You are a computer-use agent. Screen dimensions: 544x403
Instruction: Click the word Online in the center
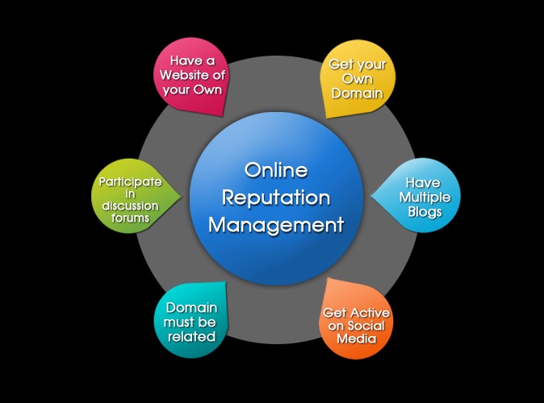pos(276,170)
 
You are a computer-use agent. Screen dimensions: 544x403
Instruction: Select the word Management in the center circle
pos(276,225)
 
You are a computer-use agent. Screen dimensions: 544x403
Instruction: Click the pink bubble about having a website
pos(191,77)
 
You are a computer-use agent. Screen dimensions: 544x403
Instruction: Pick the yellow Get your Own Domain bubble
pos(358,79)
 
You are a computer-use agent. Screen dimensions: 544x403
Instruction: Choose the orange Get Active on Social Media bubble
pos(356,319)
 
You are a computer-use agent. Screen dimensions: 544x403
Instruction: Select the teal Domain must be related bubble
pos(190,320)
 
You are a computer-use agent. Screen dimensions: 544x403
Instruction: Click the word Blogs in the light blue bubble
pos(425,212)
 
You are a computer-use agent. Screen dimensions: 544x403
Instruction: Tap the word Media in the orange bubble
pos(357,339)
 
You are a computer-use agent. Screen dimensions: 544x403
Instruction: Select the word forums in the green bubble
pos(131,218)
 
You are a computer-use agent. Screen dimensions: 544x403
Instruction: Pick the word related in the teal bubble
pos(192,337)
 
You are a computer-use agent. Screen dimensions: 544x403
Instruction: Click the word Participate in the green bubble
pos(131,182)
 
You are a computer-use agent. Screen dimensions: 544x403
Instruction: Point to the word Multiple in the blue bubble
pos(425,197)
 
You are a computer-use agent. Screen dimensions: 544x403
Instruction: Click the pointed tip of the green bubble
pos(182,197)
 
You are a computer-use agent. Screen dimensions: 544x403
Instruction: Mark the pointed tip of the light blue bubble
pos(371,196)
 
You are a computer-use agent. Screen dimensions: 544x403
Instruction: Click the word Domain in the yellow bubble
pos(358,93)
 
